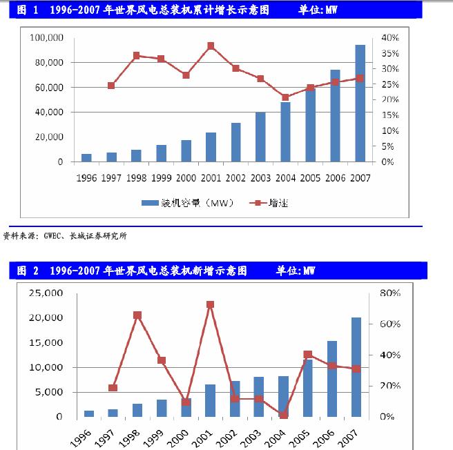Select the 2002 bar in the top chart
236,143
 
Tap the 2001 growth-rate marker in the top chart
211,46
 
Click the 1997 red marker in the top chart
112,86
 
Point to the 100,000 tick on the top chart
47,38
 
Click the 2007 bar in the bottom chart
356,367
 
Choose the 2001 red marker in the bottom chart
211,304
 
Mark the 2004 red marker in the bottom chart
284,415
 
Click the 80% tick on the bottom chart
389,293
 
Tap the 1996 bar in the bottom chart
88,413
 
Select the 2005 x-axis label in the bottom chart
302,436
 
